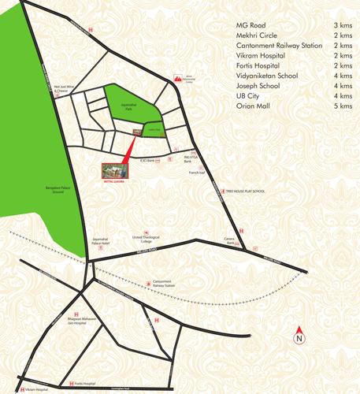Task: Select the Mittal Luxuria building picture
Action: tap(113, 170)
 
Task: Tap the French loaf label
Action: tap(196, 171)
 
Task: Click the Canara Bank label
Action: tap(231, 243)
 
